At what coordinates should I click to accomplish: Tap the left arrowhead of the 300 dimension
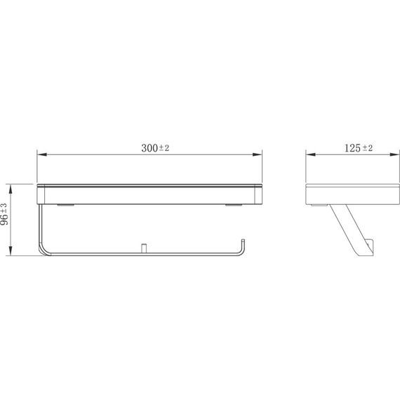pyautogui.click(x=41, y=154)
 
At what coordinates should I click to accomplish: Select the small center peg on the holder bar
pyautogui.click(x=142, y=247)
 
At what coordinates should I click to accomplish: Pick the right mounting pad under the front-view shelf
pyautogui.click(x=233, y=206)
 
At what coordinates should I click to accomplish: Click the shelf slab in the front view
pyautogui.click(x=149, y=194)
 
